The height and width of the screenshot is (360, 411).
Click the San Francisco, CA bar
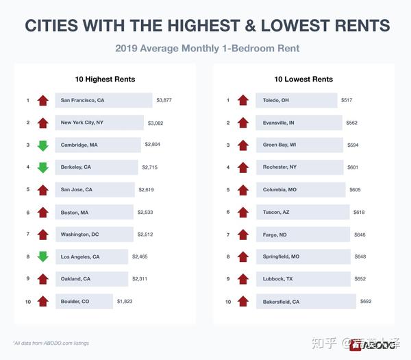pos(103,101)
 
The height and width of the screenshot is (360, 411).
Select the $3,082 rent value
pos(160,123)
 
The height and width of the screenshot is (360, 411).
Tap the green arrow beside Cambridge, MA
pos(42,145)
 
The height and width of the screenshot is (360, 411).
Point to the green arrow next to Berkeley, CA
pos(42,167)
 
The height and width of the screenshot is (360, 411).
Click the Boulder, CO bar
pos(83,301)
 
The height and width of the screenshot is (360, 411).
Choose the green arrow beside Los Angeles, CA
pos(42,256)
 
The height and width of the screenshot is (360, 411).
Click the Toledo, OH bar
pos(297,101)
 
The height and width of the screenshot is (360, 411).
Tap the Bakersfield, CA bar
pos(306,301)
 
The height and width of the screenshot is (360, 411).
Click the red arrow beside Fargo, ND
pos(242,235)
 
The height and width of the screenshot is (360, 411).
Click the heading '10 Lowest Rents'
pos(303,79)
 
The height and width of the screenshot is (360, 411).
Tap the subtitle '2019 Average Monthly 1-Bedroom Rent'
pos(207,49)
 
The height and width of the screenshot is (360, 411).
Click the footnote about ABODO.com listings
pos(51,343)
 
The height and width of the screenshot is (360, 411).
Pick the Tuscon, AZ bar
pos(302,212)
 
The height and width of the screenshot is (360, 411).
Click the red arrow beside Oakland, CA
pos(42,279)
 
